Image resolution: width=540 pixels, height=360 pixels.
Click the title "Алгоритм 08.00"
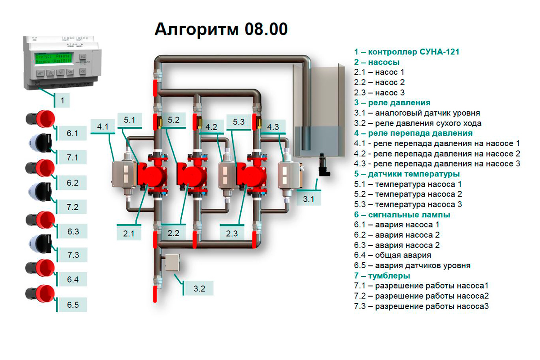(x=221, y=29)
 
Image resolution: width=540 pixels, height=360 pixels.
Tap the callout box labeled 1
(x=63, y=100)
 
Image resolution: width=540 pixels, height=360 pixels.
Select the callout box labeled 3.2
(x=199, y=288)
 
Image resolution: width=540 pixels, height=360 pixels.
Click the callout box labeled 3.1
(x=309, y=198)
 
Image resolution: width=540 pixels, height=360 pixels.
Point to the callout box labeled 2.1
(x=129, y=233)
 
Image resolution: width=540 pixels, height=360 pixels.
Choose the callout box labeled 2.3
(x=232, y=233)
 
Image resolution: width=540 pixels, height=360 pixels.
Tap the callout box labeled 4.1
(x=103, y=126)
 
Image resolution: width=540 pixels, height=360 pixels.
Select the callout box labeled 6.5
(x=73, y=305)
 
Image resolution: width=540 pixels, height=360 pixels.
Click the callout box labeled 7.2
(x=73, y=207)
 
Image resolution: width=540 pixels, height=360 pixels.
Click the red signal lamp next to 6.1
(x=40, y=119)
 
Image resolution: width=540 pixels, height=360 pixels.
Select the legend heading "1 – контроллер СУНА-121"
(x=406, y=52)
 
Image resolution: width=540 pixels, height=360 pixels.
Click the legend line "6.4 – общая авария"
(x=392, y=255)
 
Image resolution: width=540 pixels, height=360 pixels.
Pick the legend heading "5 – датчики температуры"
(x=407, y=174)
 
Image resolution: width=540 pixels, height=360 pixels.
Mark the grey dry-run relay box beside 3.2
(x=172, y=262)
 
